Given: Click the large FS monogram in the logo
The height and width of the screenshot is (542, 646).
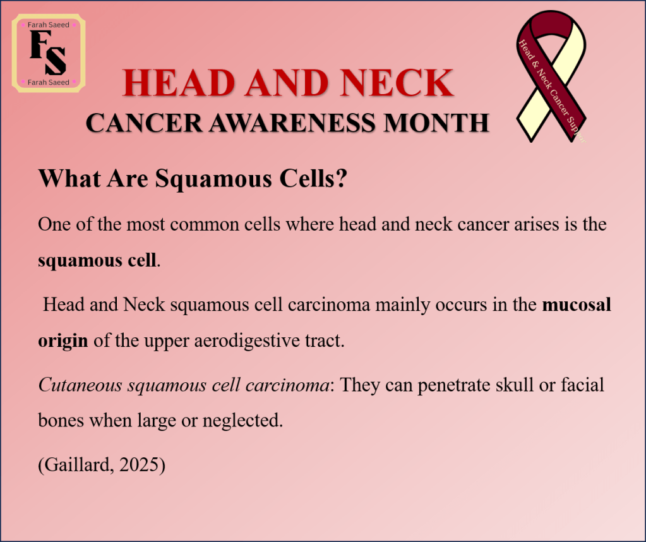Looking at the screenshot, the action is coord(48,53).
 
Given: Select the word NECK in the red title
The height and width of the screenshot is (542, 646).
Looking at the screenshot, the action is coord(397,83).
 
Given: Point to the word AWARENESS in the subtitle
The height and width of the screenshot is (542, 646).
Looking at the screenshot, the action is coord(292,123).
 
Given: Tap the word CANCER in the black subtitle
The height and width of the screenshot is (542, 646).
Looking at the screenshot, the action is coord(144,123).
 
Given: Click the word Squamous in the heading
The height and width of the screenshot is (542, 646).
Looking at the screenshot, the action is coord(213,179).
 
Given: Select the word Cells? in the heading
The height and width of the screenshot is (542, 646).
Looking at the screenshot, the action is coord(313,179).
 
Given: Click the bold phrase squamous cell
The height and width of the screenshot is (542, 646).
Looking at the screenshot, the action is coord(97,261).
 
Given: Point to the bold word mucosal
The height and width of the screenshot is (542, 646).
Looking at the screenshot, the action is coord(577,304).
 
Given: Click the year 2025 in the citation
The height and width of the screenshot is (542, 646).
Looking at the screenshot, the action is coord(139,465).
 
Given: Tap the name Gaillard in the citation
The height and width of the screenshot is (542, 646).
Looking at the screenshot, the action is coord(77,465).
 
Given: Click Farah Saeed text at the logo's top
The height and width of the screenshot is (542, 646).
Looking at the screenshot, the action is coord(48,25).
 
